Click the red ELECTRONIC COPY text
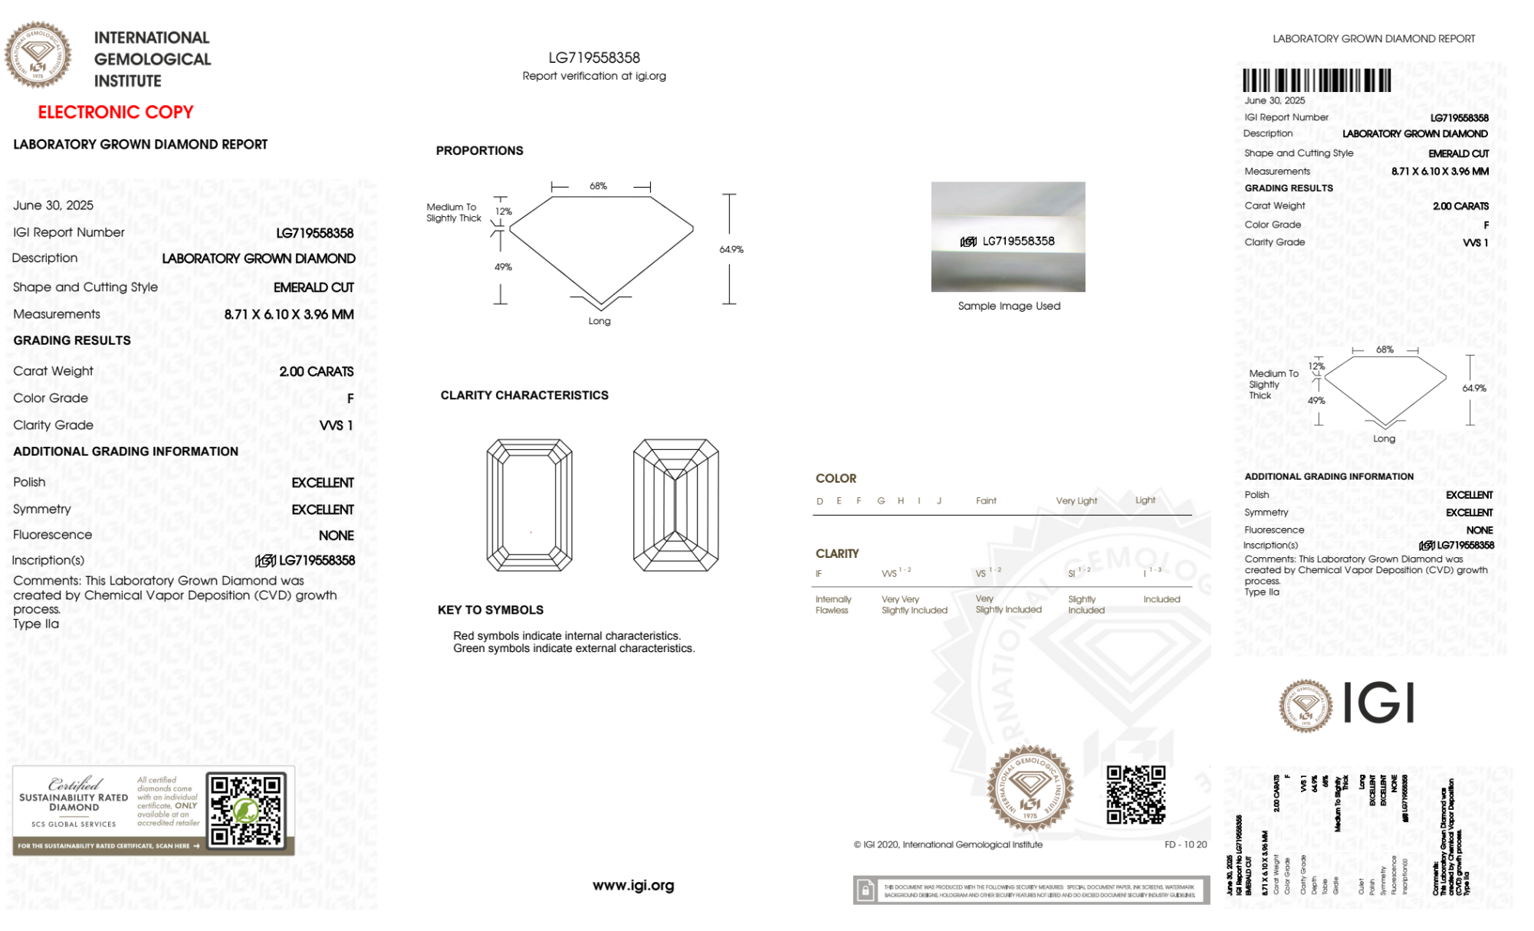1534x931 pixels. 116,113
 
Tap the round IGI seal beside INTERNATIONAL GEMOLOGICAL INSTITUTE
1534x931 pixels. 38,55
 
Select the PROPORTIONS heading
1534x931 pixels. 479,151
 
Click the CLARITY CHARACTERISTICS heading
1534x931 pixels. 524,395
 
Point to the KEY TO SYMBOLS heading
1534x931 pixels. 491,610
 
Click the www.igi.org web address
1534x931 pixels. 633,886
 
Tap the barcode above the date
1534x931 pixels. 1316,80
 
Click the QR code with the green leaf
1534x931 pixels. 246,810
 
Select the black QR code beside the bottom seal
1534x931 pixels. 1135,795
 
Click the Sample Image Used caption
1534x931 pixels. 1009,307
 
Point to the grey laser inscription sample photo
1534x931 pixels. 1008,237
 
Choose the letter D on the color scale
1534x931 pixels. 820,501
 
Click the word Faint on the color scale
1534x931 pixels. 986,501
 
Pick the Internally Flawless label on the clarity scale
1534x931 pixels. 833,605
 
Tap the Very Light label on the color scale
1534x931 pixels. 1076,501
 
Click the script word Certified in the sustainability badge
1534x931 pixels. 74,784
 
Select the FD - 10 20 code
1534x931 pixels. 1185,845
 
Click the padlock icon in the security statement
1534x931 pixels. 866,890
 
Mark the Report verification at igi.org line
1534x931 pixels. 594,76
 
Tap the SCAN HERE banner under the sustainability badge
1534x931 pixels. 108,847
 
